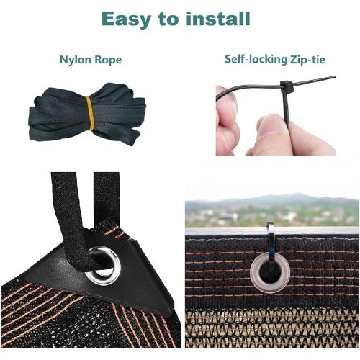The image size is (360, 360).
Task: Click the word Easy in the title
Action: [127, 19]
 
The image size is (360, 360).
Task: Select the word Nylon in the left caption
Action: [75, 60]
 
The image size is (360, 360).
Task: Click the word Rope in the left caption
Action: [108, 60]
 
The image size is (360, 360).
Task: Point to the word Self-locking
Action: [256, 59]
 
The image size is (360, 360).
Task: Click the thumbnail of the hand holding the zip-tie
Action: [276, 116]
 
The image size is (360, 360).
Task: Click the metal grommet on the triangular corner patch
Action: [104, 266]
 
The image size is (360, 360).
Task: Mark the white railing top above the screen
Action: [272, 231]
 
